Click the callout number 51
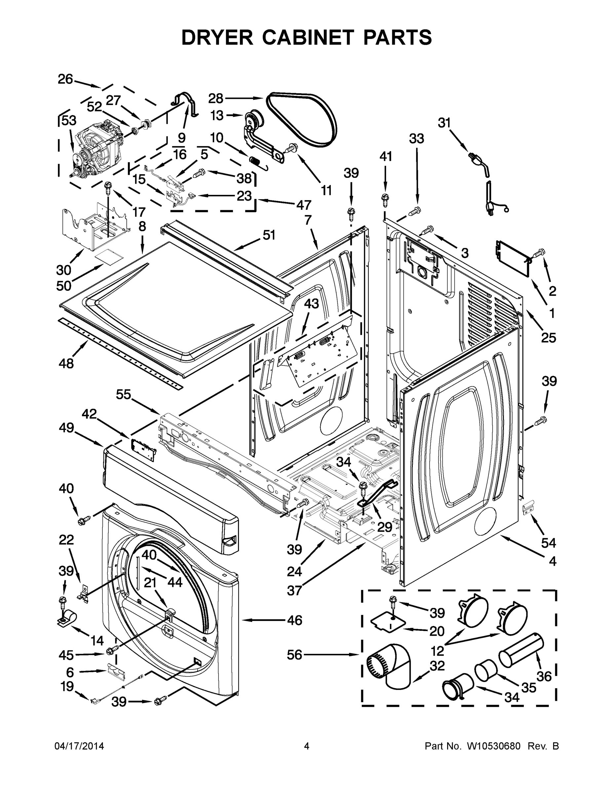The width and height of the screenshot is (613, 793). click(269, 235)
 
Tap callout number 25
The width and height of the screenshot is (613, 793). click(548, 338)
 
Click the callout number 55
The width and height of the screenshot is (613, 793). click(124, 395)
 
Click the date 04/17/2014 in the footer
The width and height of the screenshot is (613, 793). click(79, 746)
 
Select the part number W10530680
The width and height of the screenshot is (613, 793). click(494, 746)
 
